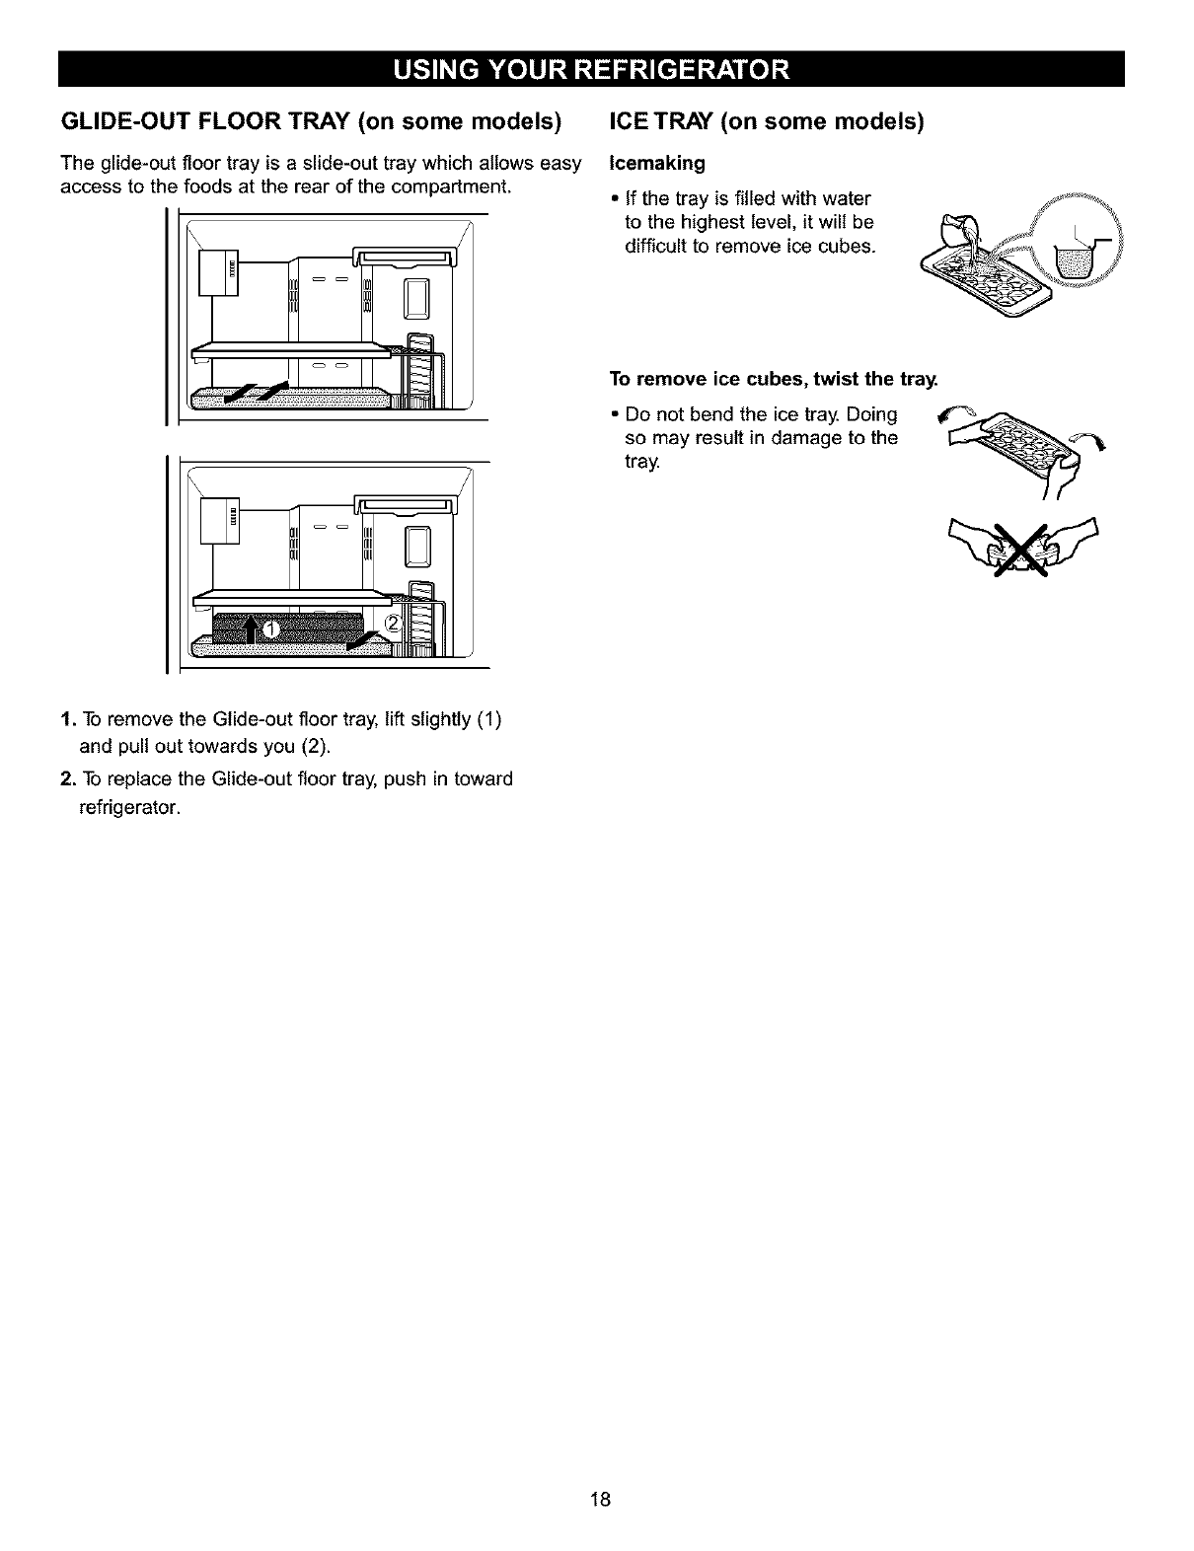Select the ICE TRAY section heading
pyautogui.click(x=767, y=122)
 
